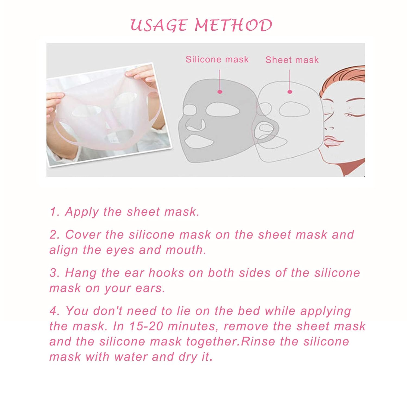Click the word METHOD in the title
pyautogui.click(x=233, y=25)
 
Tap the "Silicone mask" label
pyautogui.click(x=217, y=59)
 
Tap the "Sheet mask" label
pyautogui.click(x=292, y=60)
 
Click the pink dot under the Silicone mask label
pyautogui.click(x=220, y=92)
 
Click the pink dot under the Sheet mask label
pyautogui.click(x=290, y=92)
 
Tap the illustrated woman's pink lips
pyautogui.click(x=333, y=141)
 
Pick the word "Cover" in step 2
pyautogui.click(x=83, y=235)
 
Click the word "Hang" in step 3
pyautogui.click(x=81, y=273)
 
